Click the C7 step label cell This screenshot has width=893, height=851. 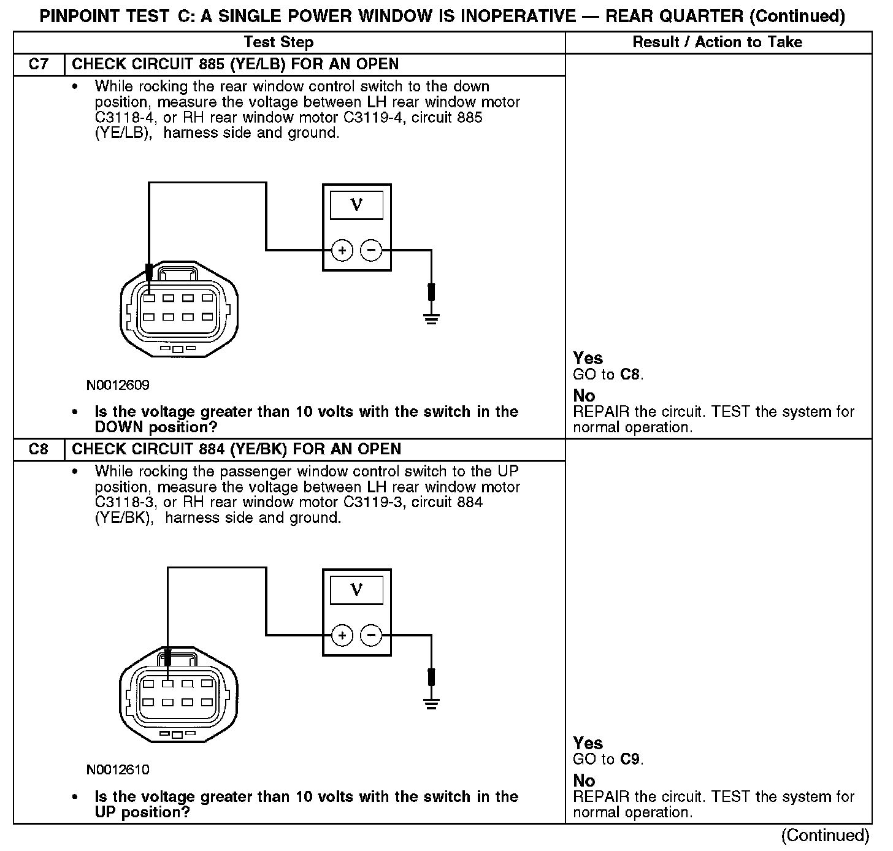(38, 64)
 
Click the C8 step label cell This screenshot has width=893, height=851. (38, 449)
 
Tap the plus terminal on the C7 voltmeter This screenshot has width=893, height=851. (342, 250)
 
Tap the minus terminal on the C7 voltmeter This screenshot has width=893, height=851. (370, 250)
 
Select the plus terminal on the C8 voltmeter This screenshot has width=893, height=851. (342, 635)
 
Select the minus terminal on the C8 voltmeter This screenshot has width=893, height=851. (370, 635)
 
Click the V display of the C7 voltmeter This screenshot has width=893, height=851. (356, 205)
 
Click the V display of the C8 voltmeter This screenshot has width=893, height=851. (356, 590)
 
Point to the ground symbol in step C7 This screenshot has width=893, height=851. (432, 318)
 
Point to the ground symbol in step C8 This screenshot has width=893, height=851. (432, 703)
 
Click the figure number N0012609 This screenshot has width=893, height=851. (118, 385)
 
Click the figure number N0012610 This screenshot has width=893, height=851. (118, 769)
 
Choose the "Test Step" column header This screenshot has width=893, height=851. (278, 42)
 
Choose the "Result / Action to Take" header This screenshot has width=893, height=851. (717, 42)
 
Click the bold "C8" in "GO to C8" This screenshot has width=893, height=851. (630, 374)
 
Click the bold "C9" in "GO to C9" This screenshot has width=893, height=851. (630, 759)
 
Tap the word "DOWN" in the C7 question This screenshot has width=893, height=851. (120, 427)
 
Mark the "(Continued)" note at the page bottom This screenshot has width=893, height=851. (825, 836)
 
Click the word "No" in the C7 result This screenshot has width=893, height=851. (584, 395)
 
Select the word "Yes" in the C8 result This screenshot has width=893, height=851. (588, 743)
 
